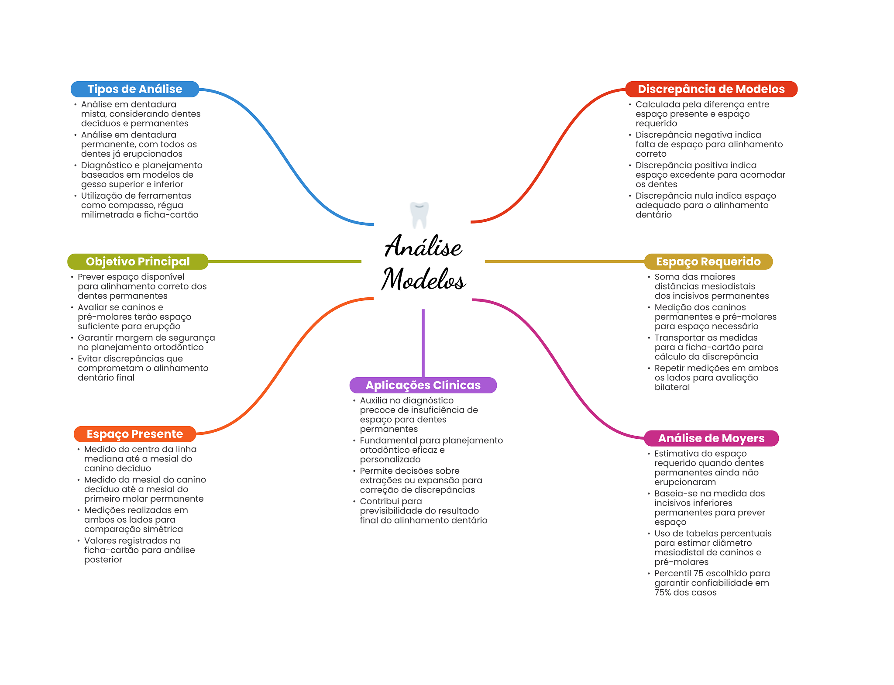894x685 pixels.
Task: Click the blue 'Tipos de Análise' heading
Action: [x=135, y=89]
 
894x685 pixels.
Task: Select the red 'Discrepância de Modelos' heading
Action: [x=711, y=89]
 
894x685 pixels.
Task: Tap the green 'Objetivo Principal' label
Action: [x=138, y=262]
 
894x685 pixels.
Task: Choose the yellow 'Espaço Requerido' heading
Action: [x=708, y=262]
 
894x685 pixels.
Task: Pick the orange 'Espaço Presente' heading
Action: [x=135, y=434]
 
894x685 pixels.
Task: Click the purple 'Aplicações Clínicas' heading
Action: [x=423, y=385]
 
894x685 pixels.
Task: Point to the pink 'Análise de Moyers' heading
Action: [x=711, y=438]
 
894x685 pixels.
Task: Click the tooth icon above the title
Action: [x=419, y=215]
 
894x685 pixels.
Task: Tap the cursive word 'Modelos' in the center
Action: [x=424, y=279]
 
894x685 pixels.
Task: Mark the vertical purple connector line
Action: [x=423, y=343]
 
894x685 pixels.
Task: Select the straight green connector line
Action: [x=285, y=262]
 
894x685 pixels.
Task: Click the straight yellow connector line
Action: [x=564, y=262]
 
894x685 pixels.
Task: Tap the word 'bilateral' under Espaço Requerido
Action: [x=672, y=387]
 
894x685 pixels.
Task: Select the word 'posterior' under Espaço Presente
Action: [x=103, y=560]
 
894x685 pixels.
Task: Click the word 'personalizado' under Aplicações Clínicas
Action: [x=390, y=460]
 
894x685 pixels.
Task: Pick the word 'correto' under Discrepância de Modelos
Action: [x=651, y=154]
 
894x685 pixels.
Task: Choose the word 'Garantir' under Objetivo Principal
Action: [x=95, y=338]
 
